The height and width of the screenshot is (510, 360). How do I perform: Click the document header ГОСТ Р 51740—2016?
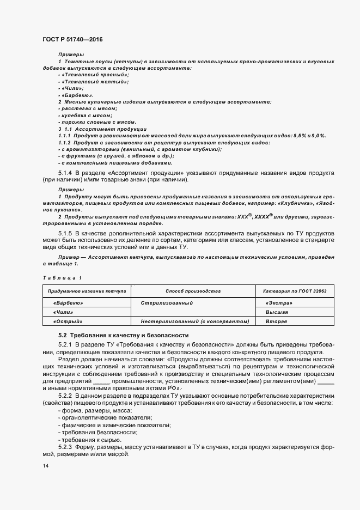coord(72,40)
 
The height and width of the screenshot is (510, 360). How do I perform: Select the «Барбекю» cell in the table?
coord(68,302)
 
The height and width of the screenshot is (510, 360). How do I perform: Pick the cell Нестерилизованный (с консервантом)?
coord(194,321)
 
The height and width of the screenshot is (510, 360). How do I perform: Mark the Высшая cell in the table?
coord(277,312)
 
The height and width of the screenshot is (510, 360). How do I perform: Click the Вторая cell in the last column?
coord(276,321)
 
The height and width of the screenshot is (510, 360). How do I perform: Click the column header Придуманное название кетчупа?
coord(87,292)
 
